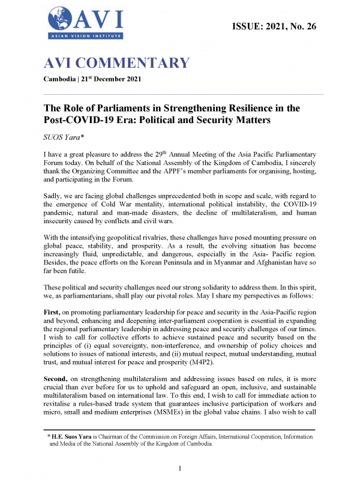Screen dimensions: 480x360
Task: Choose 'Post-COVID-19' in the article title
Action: click(x=79, y=121)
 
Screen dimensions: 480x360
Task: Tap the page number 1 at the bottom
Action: click(x=180, y=468)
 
